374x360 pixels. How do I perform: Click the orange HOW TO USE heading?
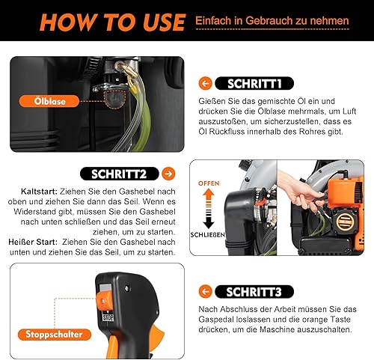[112, 22]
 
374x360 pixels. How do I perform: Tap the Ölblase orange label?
[49, 101]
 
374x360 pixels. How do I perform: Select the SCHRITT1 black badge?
[254, 83]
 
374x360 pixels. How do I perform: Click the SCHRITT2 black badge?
[119, 174]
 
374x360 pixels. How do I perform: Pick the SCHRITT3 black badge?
[254, 292]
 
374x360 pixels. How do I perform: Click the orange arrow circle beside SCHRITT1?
[206, 83]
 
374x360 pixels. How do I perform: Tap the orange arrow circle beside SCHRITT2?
[168, 174]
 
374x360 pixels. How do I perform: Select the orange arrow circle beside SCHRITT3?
[206, 292]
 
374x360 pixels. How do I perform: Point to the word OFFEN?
[209, 183]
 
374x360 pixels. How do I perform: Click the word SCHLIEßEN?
[207, 235]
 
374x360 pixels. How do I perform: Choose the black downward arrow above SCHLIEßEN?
[209, 219]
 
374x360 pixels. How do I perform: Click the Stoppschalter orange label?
[54, 335]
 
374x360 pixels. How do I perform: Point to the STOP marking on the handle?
[108, 317]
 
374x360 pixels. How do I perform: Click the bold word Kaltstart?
[39, 192]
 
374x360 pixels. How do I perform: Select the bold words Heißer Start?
[33, 242]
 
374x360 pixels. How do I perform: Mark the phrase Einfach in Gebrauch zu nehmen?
[272, 21]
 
